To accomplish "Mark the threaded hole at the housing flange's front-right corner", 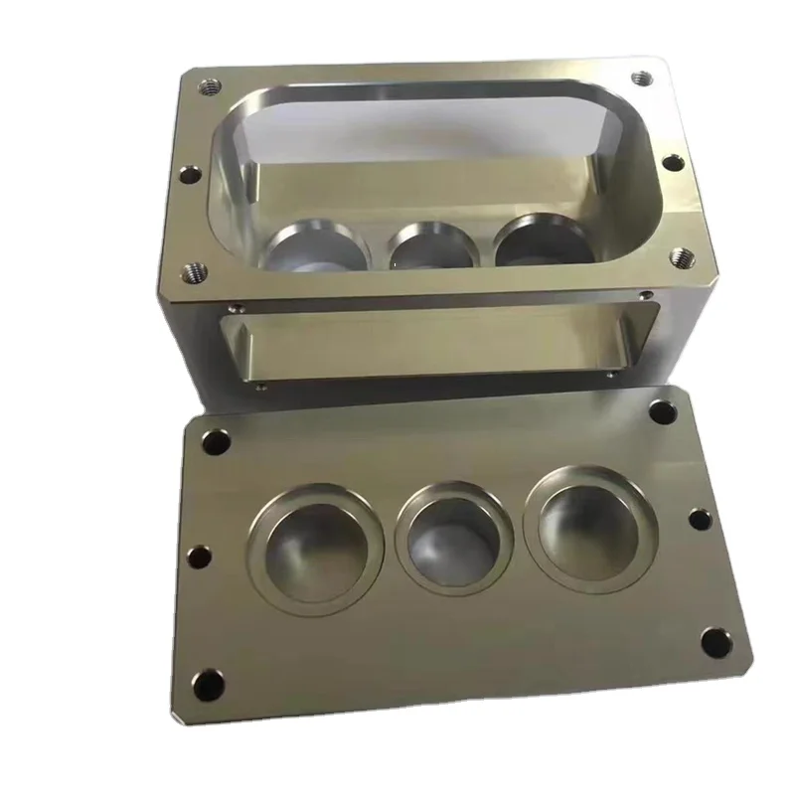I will coord(682,255).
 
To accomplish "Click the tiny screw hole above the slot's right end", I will coord(647,295).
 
